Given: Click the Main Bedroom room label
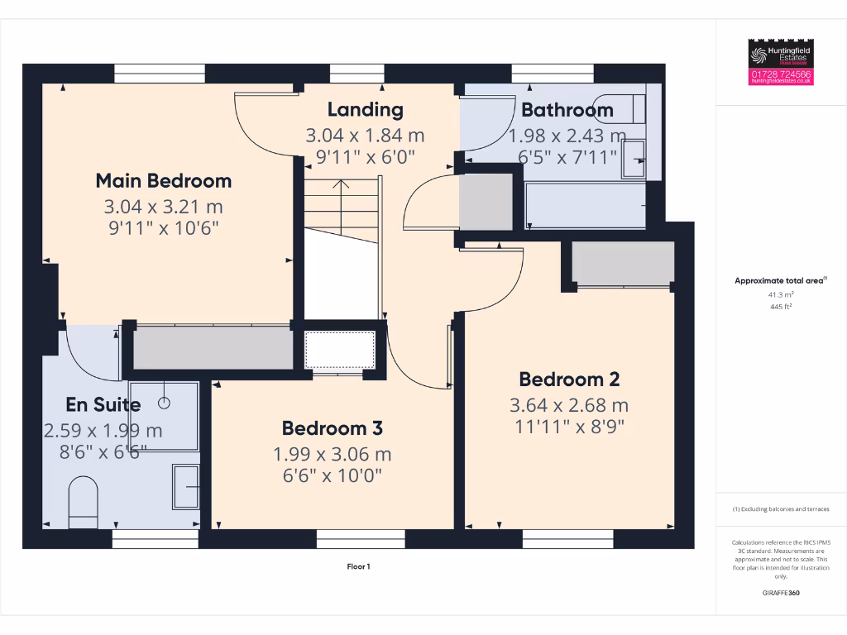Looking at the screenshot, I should pyautogui.click(x=163, y=180).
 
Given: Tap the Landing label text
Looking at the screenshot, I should pyautogui.click(x=365, y=109).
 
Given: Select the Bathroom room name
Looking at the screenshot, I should pyautogui.click(x=567, y=109).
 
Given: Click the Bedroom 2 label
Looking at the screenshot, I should pyautogui.click(x=569, y=380).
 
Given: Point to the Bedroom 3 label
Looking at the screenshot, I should pyautogui.click(x=332, y=428).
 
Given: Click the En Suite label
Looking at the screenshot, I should pyautogui.click(x=103, y=404).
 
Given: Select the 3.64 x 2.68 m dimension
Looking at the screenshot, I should pyautogui.click(x=569, y=405).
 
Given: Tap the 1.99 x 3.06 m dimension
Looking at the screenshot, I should pyautogui.click(x=332, y=454).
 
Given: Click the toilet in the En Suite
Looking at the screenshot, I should pyautogui.click(x=82, y=501).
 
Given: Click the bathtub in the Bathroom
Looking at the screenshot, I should pyautogui.click(x=586, y=205).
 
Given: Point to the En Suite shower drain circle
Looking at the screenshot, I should pyautogui.click(x=164, y=403).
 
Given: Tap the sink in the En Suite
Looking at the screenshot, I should pyautogui.click(x=186, y=485).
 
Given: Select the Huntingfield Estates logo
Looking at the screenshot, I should pyautogui.click(x=781, y=55).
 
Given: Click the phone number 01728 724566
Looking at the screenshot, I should pyautogui.click(x=781, y=74).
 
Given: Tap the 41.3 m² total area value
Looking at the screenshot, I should pyautogui.click(x=781, y=294).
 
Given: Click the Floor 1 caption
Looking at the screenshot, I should pyautogui.click(x=358, y=566).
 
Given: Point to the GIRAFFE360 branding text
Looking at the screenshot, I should pyautogui.click(x=781, y=593).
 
